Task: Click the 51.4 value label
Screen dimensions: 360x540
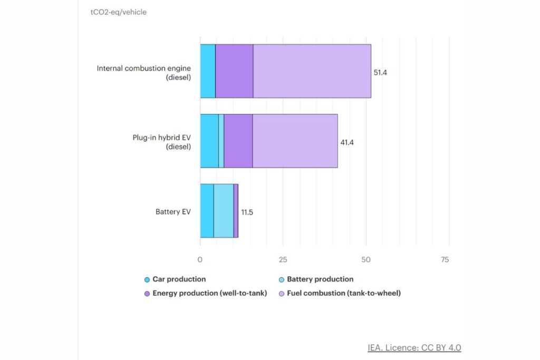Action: (x=380, y=72)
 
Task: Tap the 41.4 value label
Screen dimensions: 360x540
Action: (x=347, y=142)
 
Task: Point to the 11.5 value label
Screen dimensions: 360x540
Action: (x=247, y=212)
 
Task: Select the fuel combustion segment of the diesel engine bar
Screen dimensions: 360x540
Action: (x=312, y=71)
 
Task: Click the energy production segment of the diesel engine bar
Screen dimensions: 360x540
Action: (x=234, y=71)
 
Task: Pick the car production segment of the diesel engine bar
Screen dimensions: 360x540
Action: (x=208, y=71)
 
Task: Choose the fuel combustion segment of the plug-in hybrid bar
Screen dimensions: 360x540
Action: (x=295, y=141)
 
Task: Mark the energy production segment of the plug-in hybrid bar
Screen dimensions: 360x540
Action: (x=238, y=141)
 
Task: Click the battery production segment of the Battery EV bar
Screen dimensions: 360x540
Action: (x=224, y=211)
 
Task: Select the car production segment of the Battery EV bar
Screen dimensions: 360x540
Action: (x=207, y=211)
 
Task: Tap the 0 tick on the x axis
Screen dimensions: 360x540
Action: (x=200, y=259)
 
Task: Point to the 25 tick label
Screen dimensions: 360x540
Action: (x=283, y=259)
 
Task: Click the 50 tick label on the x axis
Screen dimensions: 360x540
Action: (x=366, y=259)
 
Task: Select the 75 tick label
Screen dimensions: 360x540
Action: (x=445, y=259)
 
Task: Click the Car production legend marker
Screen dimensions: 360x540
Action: (x=148, y=279)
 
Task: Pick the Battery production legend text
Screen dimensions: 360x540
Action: (x=320, y=279)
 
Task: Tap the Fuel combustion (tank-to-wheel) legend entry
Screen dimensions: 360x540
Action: (x=343, y=293)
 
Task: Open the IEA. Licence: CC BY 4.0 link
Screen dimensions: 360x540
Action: (x=414, y=348)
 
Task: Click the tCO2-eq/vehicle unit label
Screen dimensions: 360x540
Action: (x=119, y=12)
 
